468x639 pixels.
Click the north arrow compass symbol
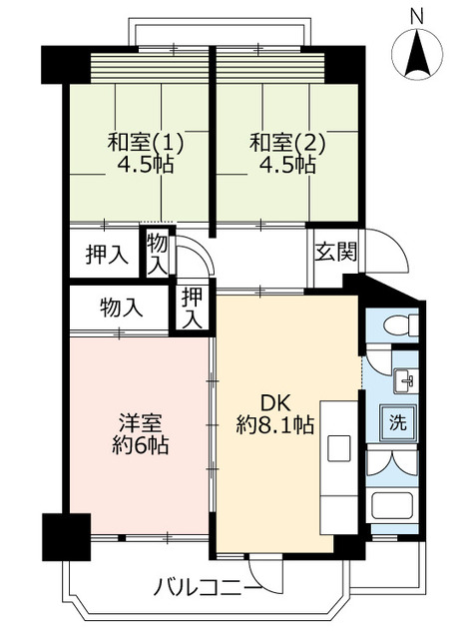pos(417,56)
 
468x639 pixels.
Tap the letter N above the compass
pos(417,14)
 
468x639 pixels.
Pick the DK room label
pos(275,402)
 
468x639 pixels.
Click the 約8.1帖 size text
pos(275,425)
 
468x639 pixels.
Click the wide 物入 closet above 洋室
pos(120,308)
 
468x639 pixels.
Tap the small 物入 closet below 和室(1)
pos(158,253)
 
